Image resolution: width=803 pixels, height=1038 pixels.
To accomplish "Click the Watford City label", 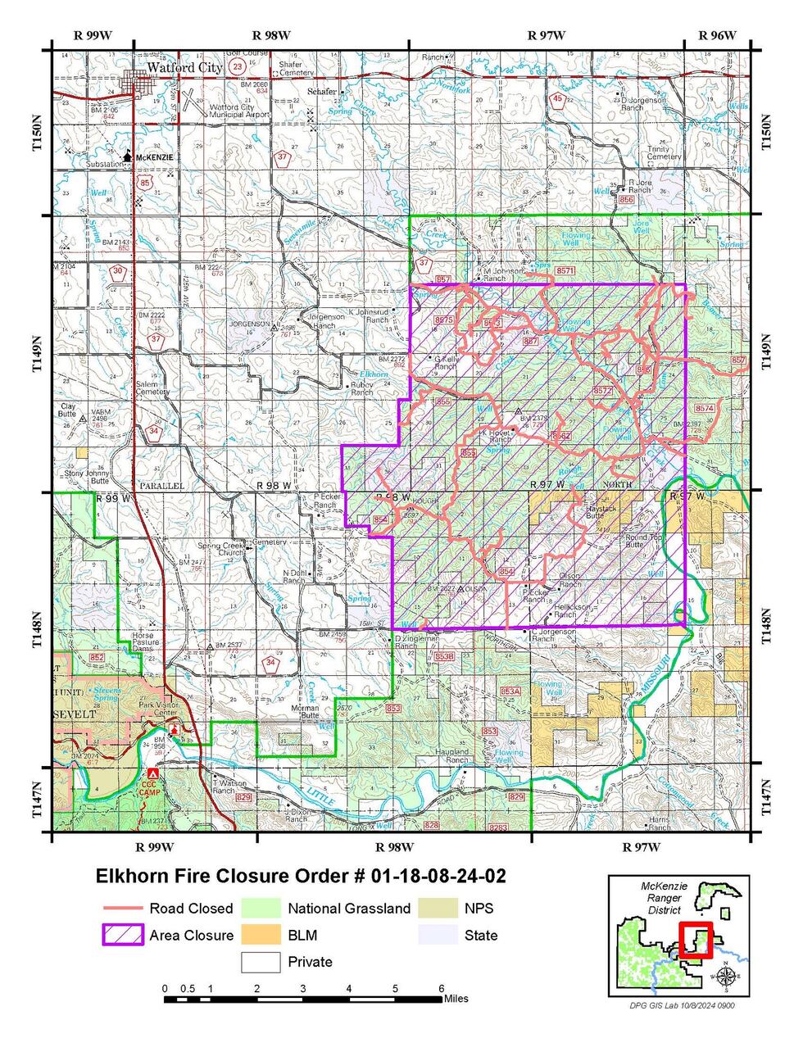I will pyautogui.click(x=184, y=68).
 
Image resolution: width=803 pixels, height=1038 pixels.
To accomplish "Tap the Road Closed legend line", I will pyautogui.click(x=122, y=909).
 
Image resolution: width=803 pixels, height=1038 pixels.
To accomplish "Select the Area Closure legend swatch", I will pyautogui.click(x=122, y=936).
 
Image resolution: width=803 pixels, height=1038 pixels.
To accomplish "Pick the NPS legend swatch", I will pyautogui.click(x=437, y=909).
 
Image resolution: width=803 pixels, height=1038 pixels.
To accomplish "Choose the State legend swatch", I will pyautogui.click(x=437, y=936).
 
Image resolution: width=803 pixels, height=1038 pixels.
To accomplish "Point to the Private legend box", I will pyautogui.click(x=260, y=962).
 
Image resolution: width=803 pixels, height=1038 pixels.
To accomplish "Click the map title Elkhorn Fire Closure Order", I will pyautogui.click(x=301, y=876).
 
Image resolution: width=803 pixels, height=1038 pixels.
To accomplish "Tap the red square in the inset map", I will pyautogui.click(x=696, y=940).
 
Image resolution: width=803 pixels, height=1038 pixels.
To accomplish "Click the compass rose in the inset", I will pyautogui.click(x=725, y=975).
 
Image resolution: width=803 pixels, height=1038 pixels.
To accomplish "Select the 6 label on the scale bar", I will pyautogui.click(x=441, y=988).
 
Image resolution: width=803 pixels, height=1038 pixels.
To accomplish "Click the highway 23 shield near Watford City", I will pyautogui.click(x=238, y=66).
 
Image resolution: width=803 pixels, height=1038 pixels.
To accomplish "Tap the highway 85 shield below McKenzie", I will pyautogui.click(x=145, y=182).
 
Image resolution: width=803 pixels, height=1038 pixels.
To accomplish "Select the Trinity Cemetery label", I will pyautogui.click(x=664, y=152).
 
